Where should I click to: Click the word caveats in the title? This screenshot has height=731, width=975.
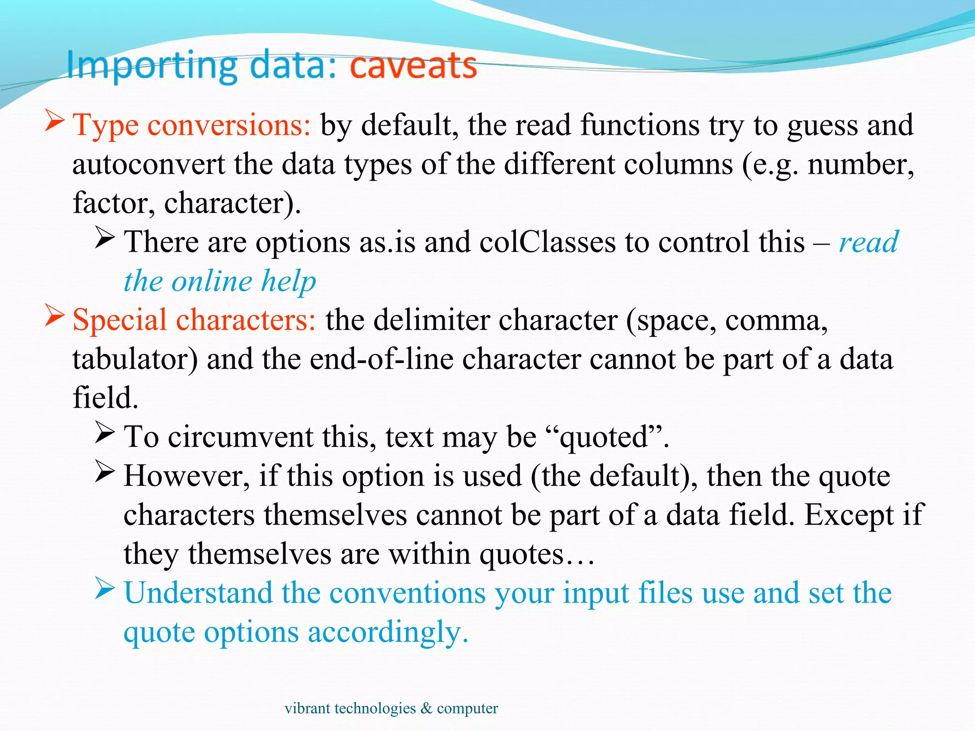pos(413,66)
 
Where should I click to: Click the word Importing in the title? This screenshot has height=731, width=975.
pos(151,66)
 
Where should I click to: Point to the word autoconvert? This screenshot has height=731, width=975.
pos(149,165)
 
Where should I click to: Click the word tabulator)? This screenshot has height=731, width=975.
pos(135,359)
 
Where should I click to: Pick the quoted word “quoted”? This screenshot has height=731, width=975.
pos(604,437)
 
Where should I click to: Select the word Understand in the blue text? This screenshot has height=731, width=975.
pos(198,593)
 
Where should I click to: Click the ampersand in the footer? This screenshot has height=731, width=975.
pos(426,708)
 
